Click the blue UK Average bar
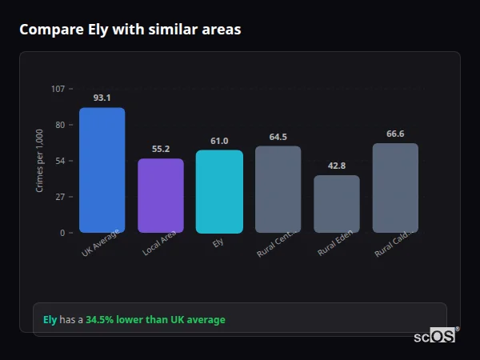click(x=102, y=170)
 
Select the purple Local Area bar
click(x=160, y=196)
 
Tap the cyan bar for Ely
click(x=219, y=192)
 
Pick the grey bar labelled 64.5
click(x=278, y=190)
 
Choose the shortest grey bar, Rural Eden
click(x=336, y=204)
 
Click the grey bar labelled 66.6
click(x=395, y=188)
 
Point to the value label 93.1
click(x=102, y=98)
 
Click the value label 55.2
click(x=160, y=149)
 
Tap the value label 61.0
click(x=219, y=141)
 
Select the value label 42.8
click(x=336, y=166)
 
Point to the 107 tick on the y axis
click(x=58, y=89)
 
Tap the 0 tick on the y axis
click(x=62, y=233)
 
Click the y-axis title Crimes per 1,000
click(x=40, y=161)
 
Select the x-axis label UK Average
click(x=101, y=243)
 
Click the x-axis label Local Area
click(x=159, y=243)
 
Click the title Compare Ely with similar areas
click(x=130, y=30)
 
